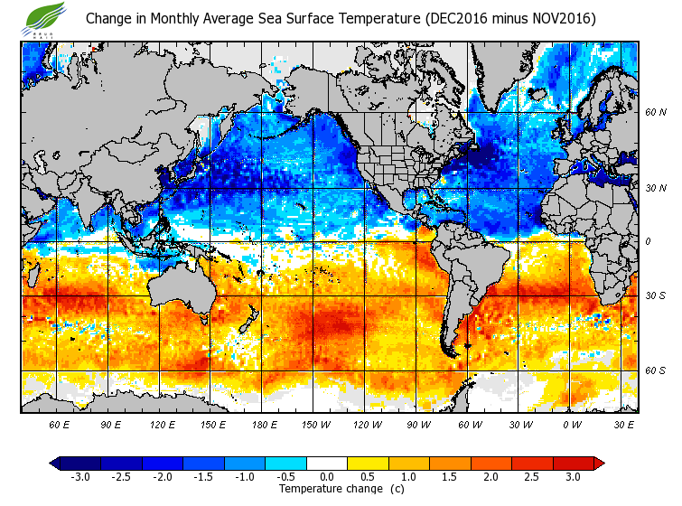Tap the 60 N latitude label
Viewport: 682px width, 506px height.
pyautogui.click(x=656, y=112)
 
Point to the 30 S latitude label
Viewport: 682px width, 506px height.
pyautogui.click(x=656, y=296)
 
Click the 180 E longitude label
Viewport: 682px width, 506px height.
pyautogui.click(x=263, y=424)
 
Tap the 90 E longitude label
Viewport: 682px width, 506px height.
pyautogui.click(x=110, y=424)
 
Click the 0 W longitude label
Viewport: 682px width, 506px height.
pyautogui.click(x=572, y=424)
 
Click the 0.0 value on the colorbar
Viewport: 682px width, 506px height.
pyautogui.click(x=327, y=477)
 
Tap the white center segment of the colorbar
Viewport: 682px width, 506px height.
pyautogui.click(x=327, y=464)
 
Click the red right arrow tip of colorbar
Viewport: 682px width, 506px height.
pyautogui.click(x=599, y=464)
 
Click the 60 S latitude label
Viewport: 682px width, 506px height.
pyautogui.click(x=656, y=370)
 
